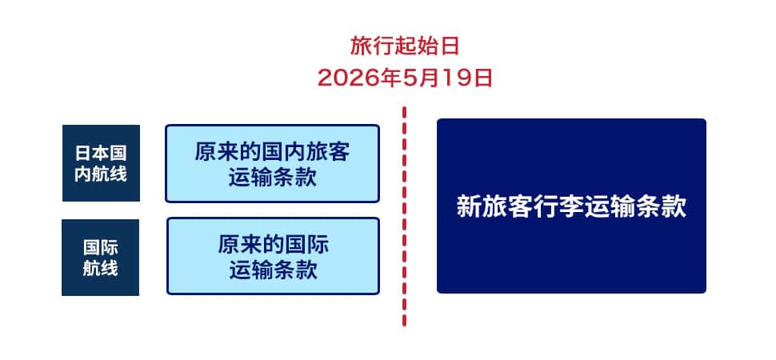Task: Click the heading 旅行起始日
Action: click(405, 46)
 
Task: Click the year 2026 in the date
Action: click(346, 78)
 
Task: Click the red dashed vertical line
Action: click(404, 216)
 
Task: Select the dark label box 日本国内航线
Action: click(101, 163)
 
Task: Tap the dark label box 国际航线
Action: click(101, 258)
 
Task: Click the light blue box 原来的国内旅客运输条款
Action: click(272, 163)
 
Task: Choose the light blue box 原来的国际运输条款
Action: click(273, 256)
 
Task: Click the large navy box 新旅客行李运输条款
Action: click(571, 206)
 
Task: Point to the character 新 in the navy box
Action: click(467, 206)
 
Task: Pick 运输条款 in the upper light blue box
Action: click(273, 178)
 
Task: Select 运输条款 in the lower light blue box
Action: click(273, 270)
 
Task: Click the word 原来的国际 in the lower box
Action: click(273, 245)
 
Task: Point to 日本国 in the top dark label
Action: click(101, 153)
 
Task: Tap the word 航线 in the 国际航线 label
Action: click(101, 268)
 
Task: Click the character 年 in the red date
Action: click(389, 78)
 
